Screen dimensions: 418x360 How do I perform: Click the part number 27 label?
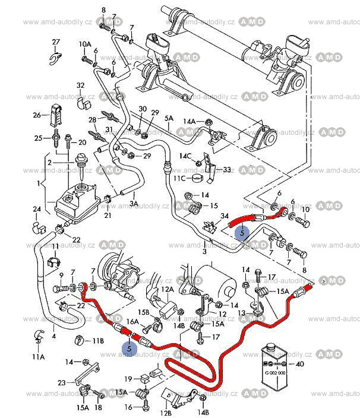(x=56, y=42)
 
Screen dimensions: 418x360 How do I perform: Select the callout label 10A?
(x=84, y=45)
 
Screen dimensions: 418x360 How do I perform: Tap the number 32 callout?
(x=81, y=85)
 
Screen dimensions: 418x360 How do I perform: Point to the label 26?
(x=36, y=115)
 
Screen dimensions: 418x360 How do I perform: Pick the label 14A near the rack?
(x=189, y=121)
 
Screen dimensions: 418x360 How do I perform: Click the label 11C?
(x=179, y=178)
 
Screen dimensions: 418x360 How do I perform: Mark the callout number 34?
(x=224, y=216)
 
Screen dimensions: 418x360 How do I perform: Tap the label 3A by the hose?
(x=134, y=203)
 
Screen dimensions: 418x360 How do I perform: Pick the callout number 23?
(x=62, y=382)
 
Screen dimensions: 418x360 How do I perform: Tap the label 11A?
(x=38, y=357)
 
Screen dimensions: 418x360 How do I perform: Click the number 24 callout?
(x=37, y=209)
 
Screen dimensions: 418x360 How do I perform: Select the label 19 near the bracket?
(x=128, y=379)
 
